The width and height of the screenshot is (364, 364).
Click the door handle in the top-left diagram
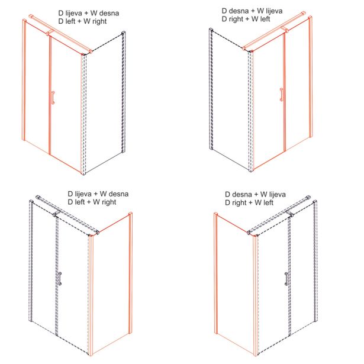point(53,97)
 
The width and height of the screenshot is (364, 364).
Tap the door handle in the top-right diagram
point(282,95)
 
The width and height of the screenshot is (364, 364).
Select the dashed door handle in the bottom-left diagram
point(60,278)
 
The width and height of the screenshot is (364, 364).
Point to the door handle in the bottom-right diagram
point(286,279)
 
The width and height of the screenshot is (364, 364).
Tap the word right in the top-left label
point(99,21)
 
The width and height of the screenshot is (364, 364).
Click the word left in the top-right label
point(265,19)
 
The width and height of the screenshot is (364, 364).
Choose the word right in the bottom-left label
point(109,202)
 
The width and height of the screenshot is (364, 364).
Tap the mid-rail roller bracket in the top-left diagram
point(50,33)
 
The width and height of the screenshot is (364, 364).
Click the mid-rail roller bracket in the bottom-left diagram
point(57,213)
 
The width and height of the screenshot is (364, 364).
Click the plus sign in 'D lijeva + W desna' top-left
point(87,14)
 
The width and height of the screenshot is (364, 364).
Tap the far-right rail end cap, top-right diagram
point(303,13)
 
